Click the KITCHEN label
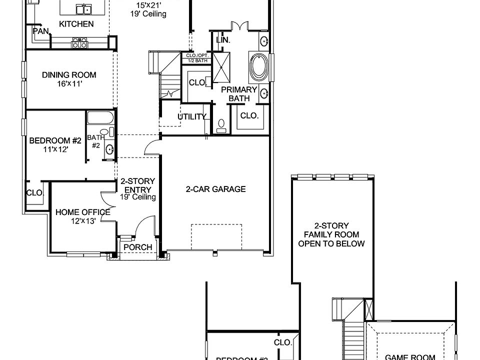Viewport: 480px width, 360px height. [76, 24]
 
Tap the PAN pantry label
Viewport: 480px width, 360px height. [40, 31]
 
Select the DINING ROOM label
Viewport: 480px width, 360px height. [69, 75]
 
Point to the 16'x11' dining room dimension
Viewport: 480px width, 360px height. [69, 84]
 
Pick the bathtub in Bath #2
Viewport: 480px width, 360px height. [100, 118]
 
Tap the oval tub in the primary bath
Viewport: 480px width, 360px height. [259, 67]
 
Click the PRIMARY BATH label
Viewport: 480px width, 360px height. [239, 94]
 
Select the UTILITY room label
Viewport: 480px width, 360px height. [192, 117]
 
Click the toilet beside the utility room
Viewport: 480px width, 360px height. [221, 124]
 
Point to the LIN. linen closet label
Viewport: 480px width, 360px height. [222, 39]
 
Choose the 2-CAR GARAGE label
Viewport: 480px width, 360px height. [215, 189]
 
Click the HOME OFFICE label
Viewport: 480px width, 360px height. [82, 212]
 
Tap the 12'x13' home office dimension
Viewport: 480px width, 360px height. [82, 220]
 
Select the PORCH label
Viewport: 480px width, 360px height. [137, 247]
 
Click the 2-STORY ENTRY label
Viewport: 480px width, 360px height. [137, 185]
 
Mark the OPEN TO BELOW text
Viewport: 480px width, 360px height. [331, 244]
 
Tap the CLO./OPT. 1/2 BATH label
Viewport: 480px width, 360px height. [197, 57]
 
